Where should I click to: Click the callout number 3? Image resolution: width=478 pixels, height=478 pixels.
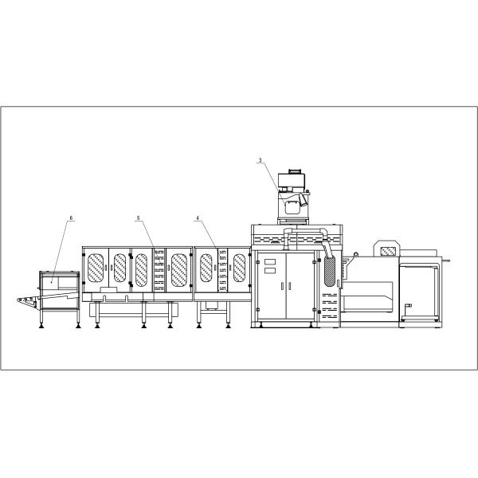260,161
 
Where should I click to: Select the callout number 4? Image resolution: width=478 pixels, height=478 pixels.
197,217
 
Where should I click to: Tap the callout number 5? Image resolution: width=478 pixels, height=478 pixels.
138,217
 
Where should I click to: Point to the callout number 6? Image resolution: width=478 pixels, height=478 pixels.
71,217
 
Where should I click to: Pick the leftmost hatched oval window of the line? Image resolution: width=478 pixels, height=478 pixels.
96,268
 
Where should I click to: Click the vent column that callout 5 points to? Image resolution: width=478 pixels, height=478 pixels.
158,269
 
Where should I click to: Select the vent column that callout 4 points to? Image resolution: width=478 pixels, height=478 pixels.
222,268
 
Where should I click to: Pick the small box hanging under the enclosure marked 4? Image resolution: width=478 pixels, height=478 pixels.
211,305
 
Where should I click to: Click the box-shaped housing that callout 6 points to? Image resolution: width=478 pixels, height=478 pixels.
59,280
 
